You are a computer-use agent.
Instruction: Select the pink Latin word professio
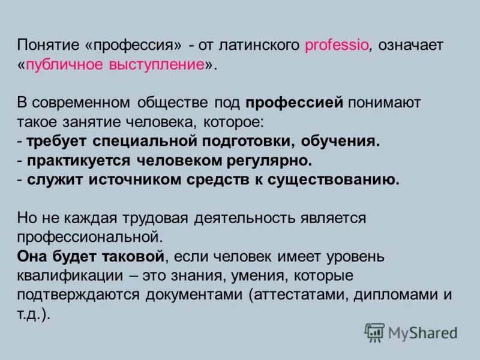click(337, 46)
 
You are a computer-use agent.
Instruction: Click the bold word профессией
click(294, 102)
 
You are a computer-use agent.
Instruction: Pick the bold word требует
click(57, 142)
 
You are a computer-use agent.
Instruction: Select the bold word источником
click(127, 180)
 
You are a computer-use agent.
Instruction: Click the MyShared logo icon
click(374, 332)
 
